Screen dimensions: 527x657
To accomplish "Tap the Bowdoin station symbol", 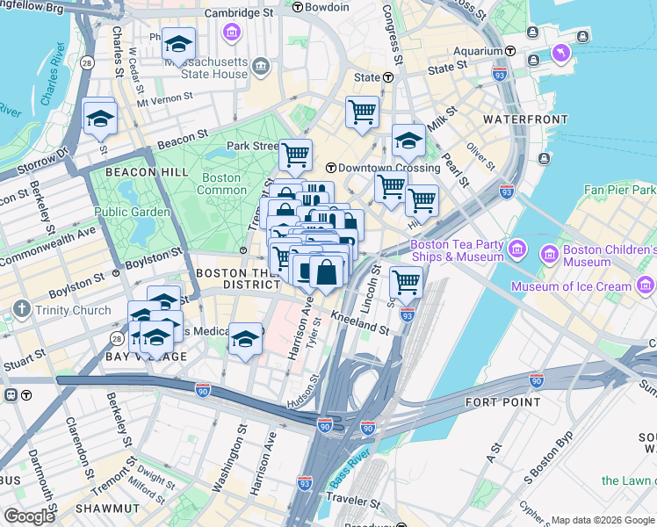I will [299, 7].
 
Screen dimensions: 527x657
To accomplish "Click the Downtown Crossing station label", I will [389, 168].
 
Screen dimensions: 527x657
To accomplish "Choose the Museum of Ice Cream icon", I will [646, 285].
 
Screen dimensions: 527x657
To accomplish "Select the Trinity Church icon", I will [21, 310].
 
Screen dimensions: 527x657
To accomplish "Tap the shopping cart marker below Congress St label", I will [362, 112].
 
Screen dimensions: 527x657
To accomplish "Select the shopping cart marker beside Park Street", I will [295, 155].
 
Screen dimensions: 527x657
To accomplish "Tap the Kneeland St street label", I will [359, 323].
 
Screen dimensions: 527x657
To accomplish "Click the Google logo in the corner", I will [29, 516].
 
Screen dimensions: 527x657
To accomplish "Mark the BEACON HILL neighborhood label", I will [147, 172].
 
